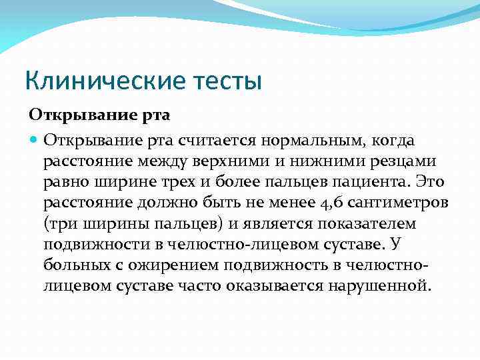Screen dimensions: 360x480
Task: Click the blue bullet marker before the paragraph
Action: coord(34,140)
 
